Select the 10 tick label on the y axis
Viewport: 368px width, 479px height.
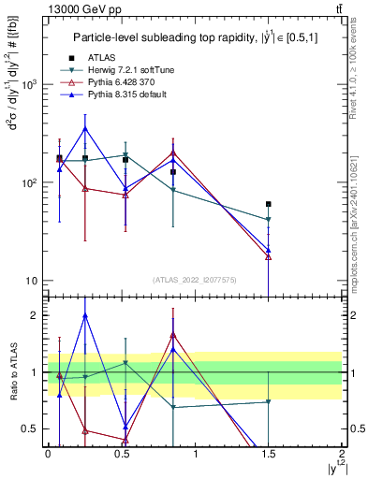click(33, 281)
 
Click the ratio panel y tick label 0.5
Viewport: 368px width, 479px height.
click(32, 428)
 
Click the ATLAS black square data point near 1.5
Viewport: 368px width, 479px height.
click(269, 204)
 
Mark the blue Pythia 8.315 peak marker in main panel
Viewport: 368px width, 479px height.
click(85, 128)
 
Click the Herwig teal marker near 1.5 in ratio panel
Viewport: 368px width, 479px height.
click(269, 401)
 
